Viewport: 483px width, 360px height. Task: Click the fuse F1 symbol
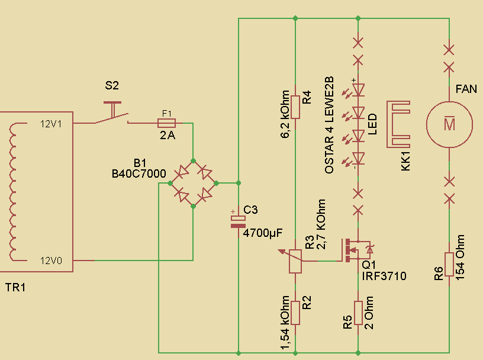coord(167,123)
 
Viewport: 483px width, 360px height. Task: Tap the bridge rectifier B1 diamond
coord(194,183)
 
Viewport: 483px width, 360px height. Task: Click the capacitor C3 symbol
coord(237,220)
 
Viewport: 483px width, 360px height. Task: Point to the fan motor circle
coord(450,124)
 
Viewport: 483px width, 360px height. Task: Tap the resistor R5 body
coord(358,312)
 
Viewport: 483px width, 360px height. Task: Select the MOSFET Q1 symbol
coord(354,250)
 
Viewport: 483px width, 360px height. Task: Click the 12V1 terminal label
coord(52,124)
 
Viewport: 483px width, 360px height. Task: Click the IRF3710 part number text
coord(384,276)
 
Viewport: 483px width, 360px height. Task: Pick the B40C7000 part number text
coord(140,173)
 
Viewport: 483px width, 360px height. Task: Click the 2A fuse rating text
coord(168,135)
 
